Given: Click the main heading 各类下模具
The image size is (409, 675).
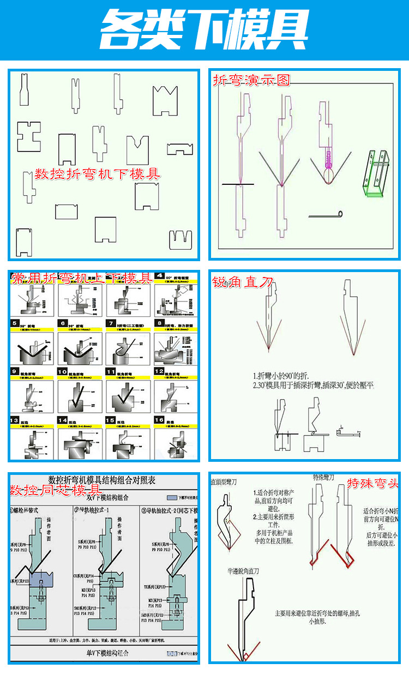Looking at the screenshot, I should point(204,29).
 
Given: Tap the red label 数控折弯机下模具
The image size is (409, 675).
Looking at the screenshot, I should point(98,174).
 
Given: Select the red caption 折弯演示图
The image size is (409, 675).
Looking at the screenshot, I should point(251,81).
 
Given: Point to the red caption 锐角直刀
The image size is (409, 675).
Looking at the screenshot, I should point(243,282).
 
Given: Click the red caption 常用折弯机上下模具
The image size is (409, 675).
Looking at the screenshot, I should point(81,279).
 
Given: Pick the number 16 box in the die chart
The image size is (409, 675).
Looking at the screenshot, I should point(159,420).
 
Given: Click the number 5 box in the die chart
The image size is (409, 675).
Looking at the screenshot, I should point(15,323).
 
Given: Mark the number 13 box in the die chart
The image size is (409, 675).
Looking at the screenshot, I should point(15,420).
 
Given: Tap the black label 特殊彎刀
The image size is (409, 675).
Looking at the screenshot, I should point(323,478).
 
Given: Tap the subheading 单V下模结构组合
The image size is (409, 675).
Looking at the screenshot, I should point(102,653).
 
